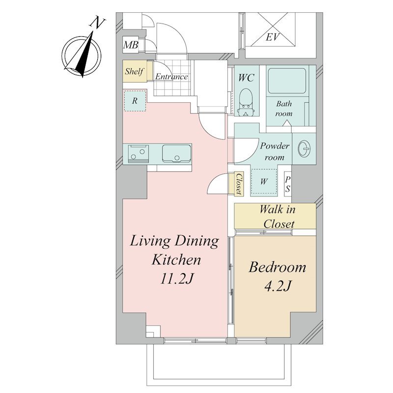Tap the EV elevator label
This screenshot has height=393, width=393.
(273, 38)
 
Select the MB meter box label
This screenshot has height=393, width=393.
(131, 45)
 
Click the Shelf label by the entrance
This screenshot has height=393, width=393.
(134, 71)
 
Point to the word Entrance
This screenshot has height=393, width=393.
(171, 77)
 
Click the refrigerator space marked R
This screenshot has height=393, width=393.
(135, 101)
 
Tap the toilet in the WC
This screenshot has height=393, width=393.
(247, 102)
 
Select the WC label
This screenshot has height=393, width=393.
(246, 78)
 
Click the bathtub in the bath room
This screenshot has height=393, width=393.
(287, 81)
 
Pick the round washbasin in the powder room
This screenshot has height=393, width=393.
(304, 148)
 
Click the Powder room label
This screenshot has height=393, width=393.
(275, 151)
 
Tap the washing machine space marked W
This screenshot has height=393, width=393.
(264, 181)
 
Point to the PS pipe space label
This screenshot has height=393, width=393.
(288, 185)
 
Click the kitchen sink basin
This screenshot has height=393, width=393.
(176, 153)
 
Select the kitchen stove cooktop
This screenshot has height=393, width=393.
(139, 154)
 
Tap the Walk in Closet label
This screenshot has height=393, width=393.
(278, 216)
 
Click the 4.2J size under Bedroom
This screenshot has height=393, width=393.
(277, 286)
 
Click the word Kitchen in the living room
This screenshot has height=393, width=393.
(176, 260)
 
